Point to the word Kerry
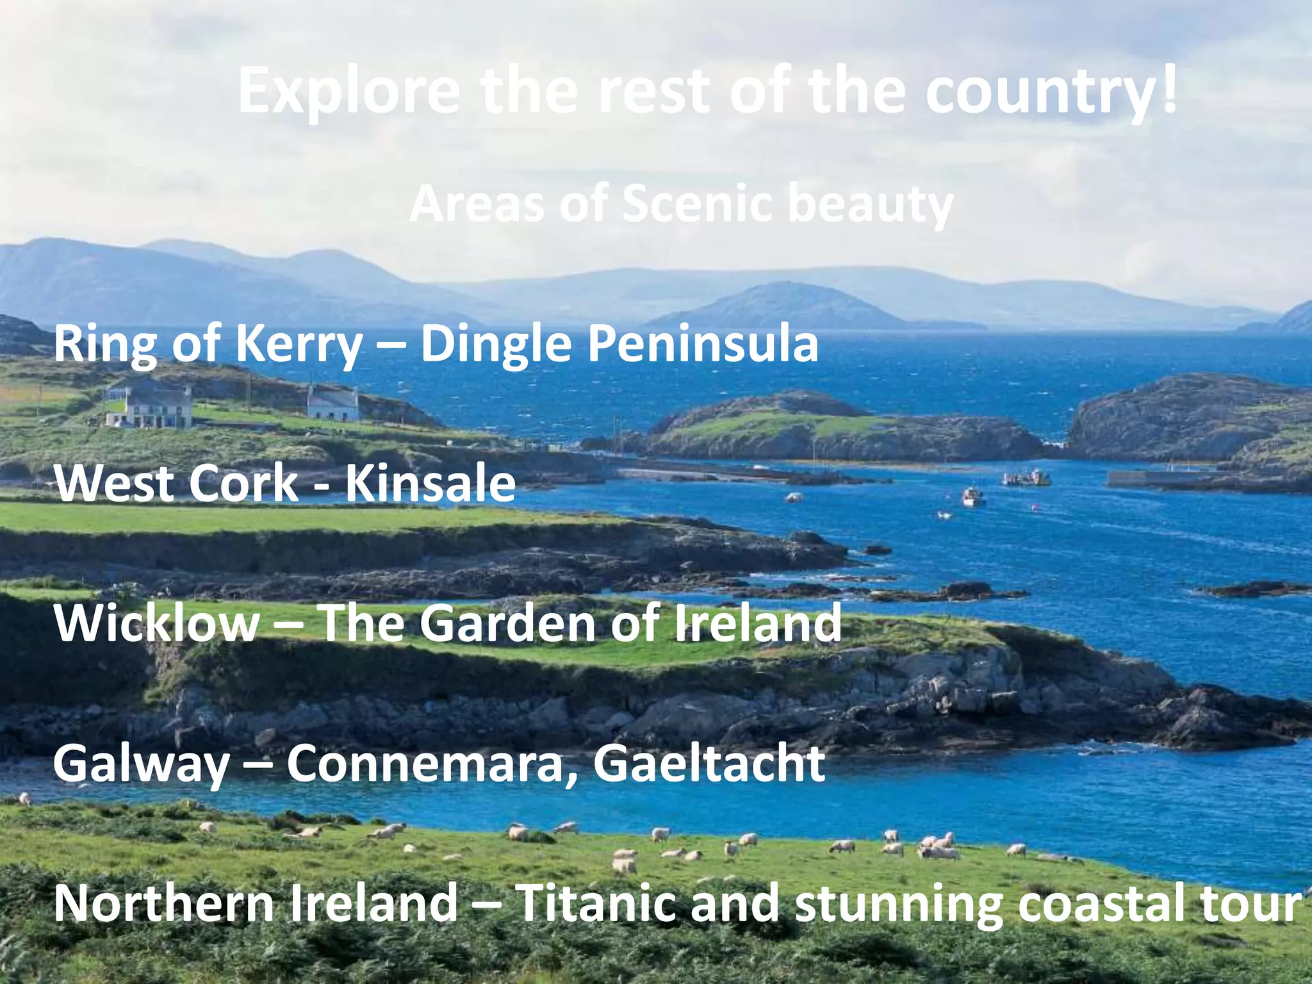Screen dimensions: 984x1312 click(299, 345)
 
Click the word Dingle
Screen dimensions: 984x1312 click(495, 345)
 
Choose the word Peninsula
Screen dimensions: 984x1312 click(703, 343)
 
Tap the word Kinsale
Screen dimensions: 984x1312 click(430, 483)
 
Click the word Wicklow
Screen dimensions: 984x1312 click(157, 623)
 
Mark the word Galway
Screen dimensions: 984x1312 click(141, 764)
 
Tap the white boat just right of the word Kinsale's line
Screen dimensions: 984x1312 click(972, 496)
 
